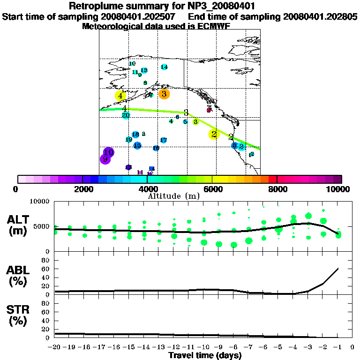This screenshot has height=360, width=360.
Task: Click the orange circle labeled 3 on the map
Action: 164,94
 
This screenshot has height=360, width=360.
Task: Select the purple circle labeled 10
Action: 109,152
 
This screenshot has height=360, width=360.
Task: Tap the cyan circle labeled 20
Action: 126,115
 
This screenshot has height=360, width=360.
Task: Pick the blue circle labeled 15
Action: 137,145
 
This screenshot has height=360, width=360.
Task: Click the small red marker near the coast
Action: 209,110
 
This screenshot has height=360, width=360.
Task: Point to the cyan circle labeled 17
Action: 164,140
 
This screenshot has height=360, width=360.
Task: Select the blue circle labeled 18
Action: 135,135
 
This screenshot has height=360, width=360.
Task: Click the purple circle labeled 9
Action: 105,159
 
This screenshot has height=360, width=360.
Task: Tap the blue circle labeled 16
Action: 156,148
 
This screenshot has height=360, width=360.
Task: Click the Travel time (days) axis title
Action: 205,355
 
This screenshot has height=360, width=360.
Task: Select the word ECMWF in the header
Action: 214,26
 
